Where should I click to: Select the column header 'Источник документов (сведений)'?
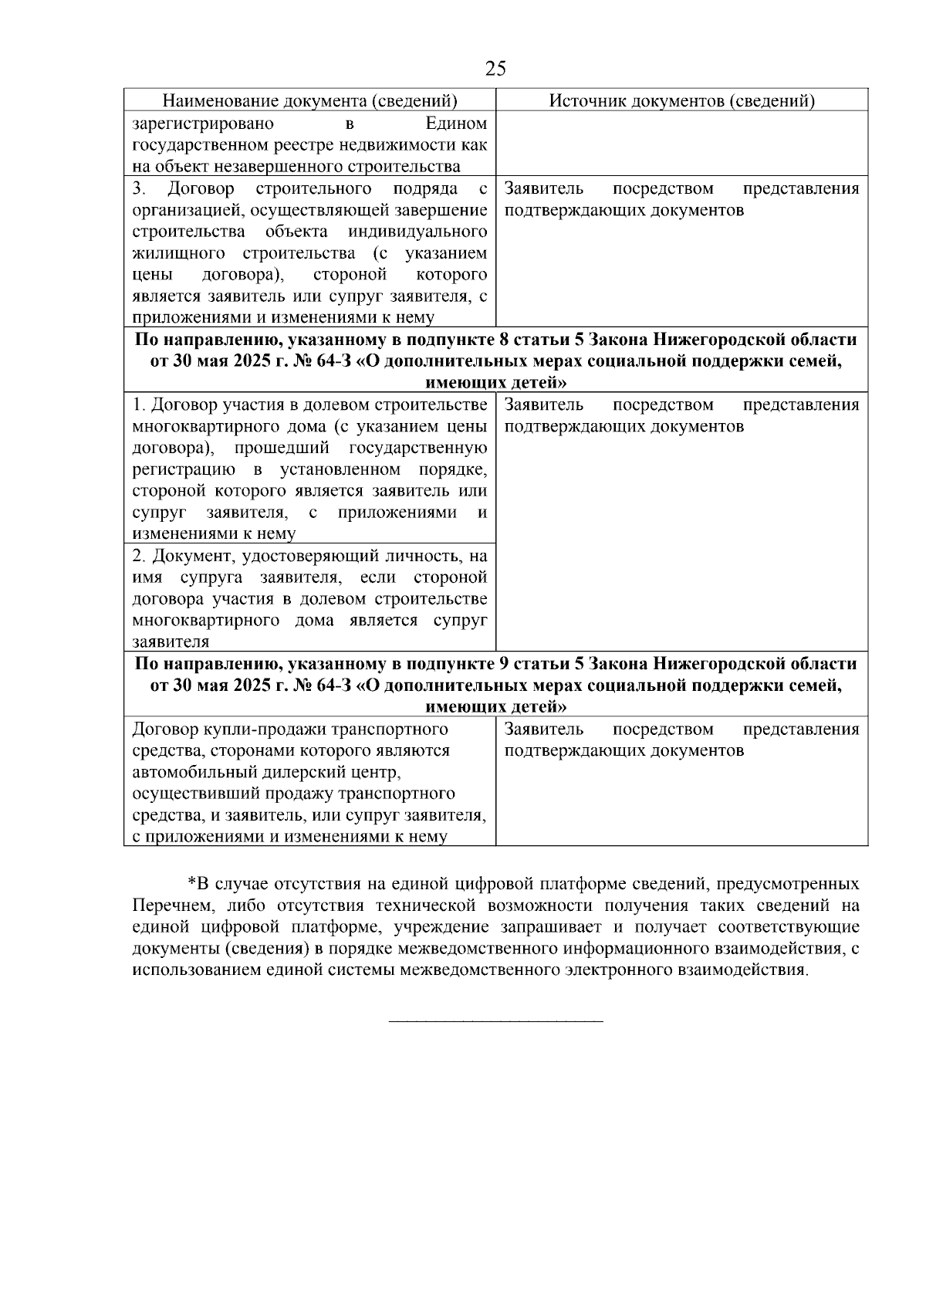(681, 101)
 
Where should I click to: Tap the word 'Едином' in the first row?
(457, 124)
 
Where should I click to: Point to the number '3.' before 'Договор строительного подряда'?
(138, 189)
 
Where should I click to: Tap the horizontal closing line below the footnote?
(495, 1022)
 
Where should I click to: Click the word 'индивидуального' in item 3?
(417, 232)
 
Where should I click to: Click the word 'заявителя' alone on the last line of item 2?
(171, 642)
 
